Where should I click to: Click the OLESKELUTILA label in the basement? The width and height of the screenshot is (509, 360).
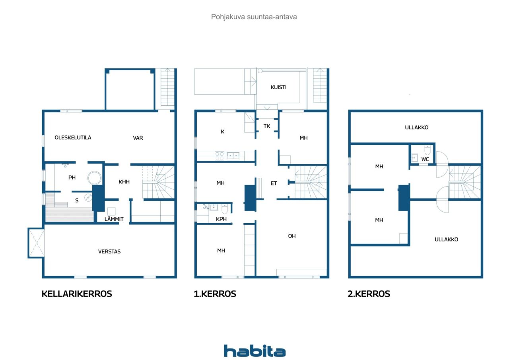pos(73,138)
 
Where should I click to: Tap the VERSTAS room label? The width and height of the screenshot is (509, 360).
pos(109,251)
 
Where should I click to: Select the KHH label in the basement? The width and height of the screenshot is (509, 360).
pos(124,182)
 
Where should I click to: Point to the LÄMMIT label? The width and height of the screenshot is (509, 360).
pos(114,219)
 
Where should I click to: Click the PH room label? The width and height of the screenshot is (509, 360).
pos(72,178)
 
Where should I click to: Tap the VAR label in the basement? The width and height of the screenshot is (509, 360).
pos(138,138)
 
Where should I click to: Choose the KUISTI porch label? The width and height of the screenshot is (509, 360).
pos(278,87)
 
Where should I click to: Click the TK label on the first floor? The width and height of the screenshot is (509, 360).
pos(267,126)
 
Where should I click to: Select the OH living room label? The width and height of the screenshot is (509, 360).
pos(292,236)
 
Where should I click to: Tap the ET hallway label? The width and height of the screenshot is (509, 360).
pos(274,183)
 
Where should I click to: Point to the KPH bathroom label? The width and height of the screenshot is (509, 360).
pos(221,219)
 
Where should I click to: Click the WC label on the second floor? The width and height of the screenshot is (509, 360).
pos(425,159)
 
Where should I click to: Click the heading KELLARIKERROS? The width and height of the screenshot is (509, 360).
pos(77,294)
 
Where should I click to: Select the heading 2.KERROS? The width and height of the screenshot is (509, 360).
pos(369,294)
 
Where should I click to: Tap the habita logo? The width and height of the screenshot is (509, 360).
pos(254,351)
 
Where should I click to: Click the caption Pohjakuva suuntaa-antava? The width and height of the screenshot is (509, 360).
pos(254,17)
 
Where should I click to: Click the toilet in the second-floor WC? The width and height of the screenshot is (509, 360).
pos(427,150)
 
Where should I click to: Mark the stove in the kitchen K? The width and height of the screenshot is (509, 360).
pos(220,156)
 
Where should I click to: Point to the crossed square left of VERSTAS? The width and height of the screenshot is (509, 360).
pos(36,243)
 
